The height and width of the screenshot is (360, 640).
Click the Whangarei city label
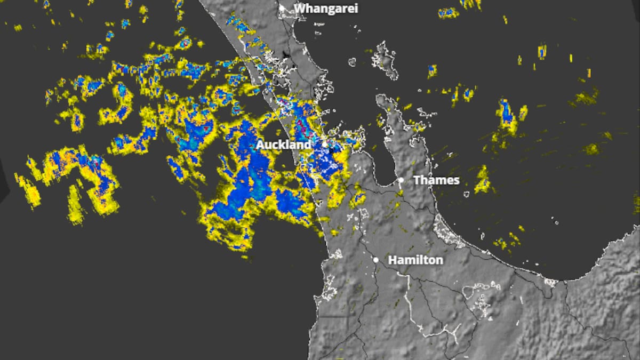[x=326, y=9]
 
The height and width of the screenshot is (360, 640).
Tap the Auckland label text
[x=283, y=145]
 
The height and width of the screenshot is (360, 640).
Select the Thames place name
[x=436, y=180]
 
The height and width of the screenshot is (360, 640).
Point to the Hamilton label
[x=415, y=260]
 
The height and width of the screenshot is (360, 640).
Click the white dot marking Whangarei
[x=282, y=8]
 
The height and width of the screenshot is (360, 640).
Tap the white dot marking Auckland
[x=324, y=144]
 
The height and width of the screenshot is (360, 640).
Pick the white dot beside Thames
[x=401, y=180]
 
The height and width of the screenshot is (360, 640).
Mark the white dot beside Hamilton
[x=376, y=260]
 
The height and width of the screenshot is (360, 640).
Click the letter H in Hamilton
[x=392, y=260]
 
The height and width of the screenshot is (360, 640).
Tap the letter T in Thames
[x=417, y=180]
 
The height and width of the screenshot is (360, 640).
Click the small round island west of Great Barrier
[x=352, y=62]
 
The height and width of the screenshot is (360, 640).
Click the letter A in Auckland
[x=260, y=145]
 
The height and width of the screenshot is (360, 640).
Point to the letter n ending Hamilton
[x=439, y=260]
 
